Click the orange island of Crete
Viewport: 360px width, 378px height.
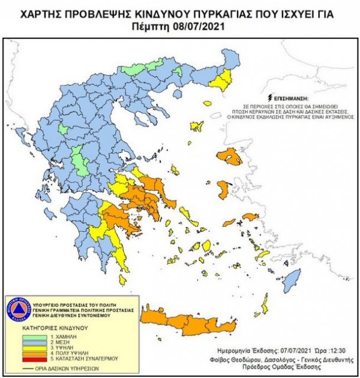[192, 325]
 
